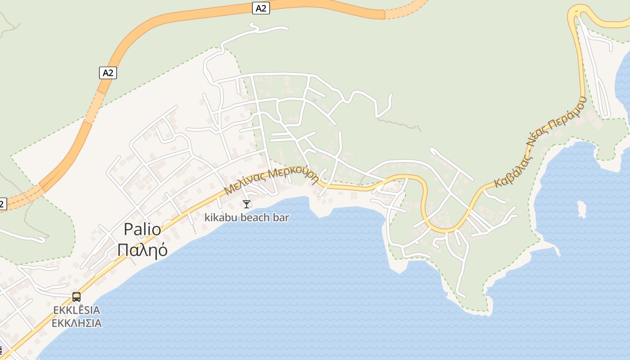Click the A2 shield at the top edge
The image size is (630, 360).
click(261, 8)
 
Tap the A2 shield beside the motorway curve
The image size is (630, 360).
click(108, 73)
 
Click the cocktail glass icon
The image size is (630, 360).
click(246, 204)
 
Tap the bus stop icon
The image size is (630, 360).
click(76, 297)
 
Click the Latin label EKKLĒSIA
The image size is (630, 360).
click(76, 310)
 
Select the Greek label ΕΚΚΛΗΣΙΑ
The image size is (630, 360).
click(76, 323)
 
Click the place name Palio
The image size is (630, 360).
click(142, 229)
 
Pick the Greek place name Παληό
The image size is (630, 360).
click(142, 250)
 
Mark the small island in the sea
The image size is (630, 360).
click(582, 209)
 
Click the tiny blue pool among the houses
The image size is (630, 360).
click(315, 99)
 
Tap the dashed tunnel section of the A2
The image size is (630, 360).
click(405, 10)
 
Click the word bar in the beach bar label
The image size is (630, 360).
click(281, 217)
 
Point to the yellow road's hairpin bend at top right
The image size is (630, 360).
click(577, 10)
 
